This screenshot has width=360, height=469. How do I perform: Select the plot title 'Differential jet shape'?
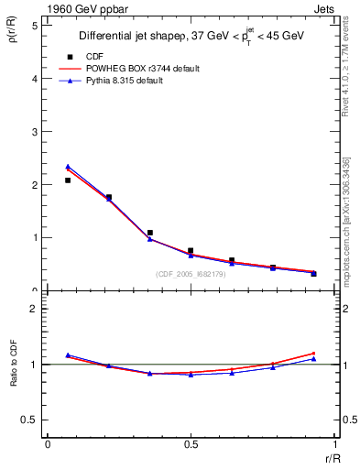136,37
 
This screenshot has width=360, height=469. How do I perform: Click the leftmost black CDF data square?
68,180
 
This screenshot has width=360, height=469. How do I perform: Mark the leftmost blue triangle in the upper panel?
68,167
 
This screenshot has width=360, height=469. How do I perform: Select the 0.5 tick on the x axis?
191,444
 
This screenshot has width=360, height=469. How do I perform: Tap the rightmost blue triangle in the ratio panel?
313,359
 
